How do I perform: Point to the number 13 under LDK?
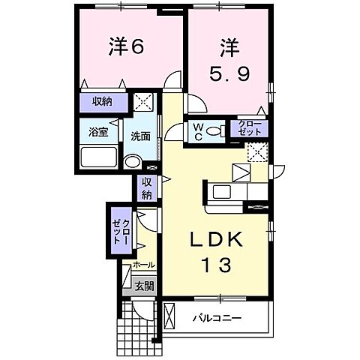point(214,264)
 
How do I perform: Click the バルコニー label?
point(217,317)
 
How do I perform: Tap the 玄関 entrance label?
point(145,286)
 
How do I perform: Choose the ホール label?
point(143,265)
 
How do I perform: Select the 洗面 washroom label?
point(140,136)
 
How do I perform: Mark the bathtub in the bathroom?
point(99,158)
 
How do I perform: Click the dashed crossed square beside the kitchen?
point(258,151)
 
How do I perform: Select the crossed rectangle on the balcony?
point(169,317)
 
